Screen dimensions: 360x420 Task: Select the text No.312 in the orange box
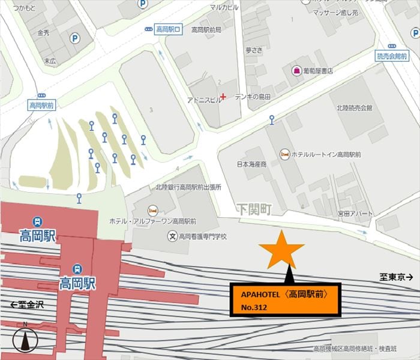point(254,308)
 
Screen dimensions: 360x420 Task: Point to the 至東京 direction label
point(397,277)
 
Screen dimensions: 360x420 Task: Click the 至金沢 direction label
point(28,288)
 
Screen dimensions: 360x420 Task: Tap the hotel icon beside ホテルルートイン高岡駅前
point(284,154)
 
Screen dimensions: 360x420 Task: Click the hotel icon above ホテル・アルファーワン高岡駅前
point(152,210)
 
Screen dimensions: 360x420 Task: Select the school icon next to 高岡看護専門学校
point(173,236)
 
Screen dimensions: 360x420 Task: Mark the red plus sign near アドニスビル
point(223,96)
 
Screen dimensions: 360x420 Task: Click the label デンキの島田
point(253,97)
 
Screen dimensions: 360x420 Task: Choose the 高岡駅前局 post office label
point(206,29)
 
